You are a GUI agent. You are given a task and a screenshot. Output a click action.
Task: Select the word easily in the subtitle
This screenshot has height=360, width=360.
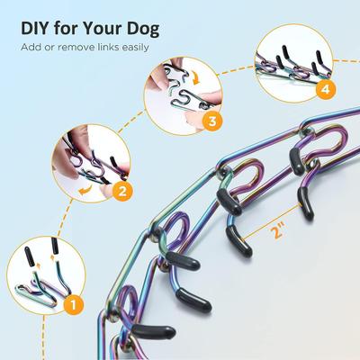coord(130,46)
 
